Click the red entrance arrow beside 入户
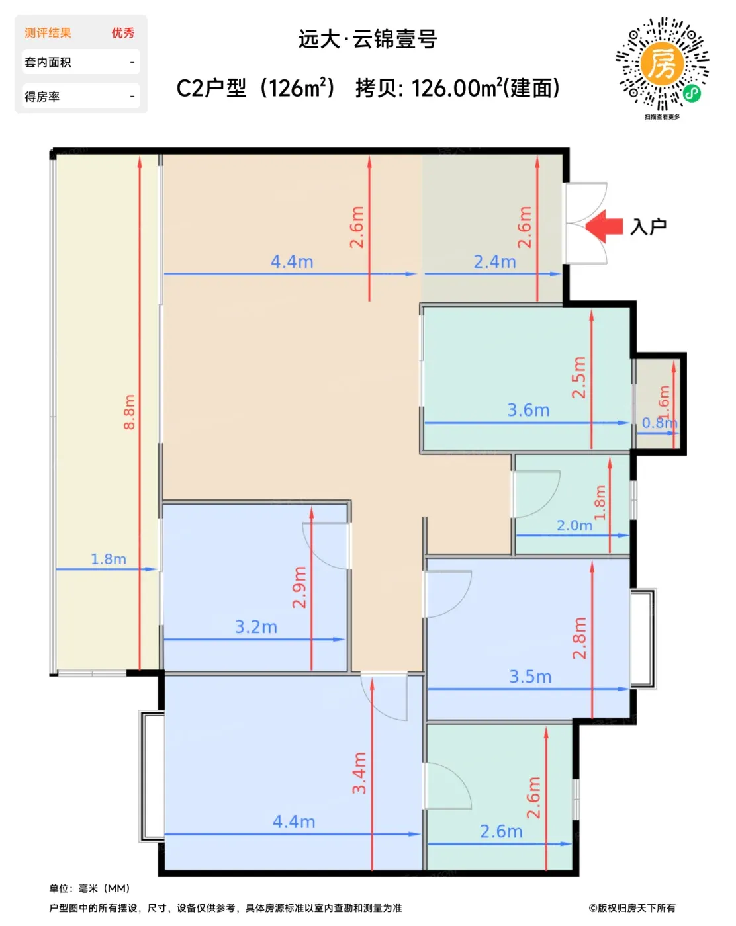pos(603,226)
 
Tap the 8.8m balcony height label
pos(129,411)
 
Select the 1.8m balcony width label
pos(109,558)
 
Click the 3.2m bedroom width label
pos(255,626)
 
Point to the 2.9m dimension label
pos(299,587)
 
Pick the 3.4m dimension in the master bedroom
pos(359,773)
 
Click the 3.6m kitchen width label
pos(528,409)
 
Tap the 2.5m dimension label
pos(578,377)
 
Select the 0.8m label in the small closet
pos(659,423)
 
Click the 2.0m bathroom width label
pos(574,525)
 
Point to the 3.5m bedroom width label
pos(530,677)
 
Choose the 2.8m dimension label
pos(579,638)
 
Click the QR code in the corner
pos(662,63)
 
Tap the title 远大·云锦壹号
pos(368,39)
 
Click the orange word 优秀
pos(123,32)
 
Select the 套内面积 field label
pos(48,62)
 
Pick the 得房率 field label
pos(42,97)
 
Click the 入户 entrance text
pos(648,226)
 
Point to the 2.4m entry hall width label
pos(494,262)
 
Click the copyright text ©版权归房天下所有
pos(632,907)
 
